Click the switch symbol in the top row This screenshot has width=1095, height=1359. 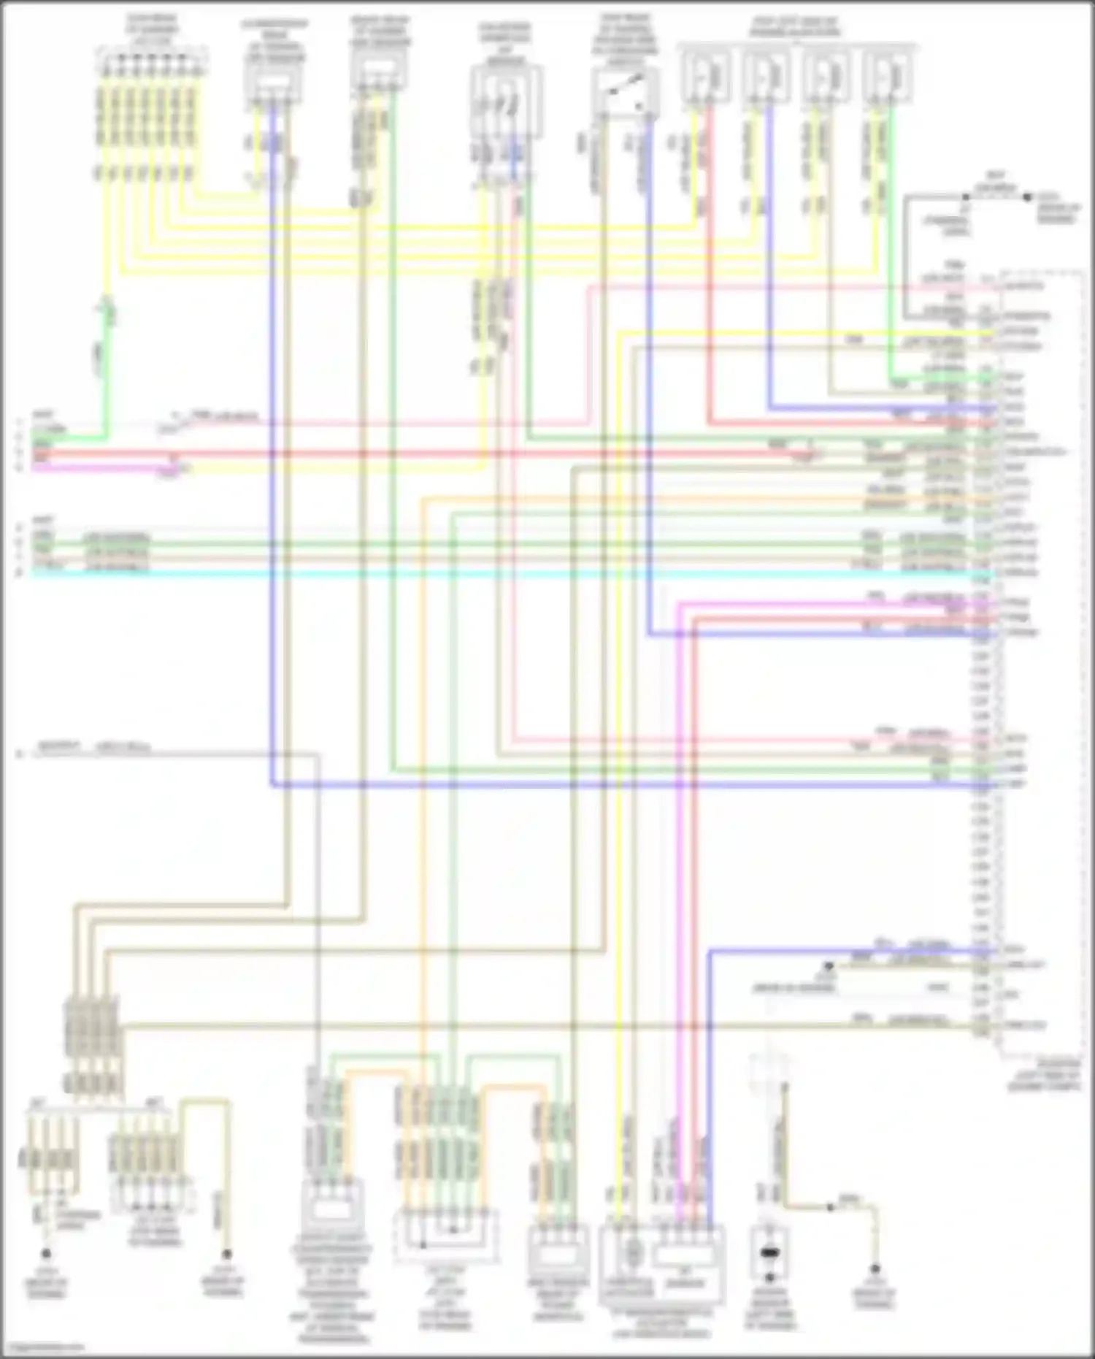(626, 91)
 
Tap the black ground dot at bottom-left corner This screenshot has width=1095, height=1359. (46, 1254)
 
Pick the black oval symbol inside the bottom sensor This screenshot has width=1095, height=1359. (769, 1255)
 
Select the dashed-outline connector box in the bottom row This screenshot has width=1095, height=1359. (446, 1236)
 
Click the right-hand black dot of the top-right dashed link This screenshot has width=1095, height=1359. (1027, 196)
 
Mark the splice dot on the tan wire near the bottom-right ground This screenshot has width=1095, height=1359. (829, 1207)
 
